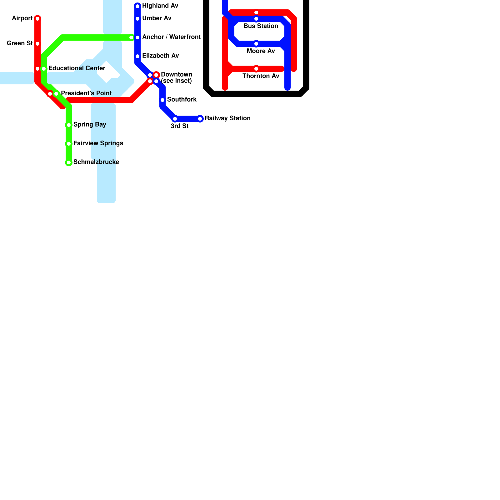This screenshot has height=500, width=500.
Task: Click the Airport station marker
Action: (x=37, y=19)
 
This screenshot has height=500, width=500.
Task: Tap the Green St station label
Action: (x=19, y=43)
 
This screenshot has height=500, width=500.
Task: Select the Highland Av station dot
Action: (x=137, y=6)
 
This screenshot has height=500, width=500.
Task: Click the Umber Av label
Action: (x=157, y=18)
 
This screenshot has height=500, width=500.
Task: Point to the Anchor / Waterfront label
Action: (x=171, y=37)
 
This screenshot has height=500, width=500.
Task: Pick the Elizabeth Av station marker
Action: (x=137, y=56)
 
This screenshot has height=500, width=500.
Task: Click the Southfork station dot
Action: (x=162, y=100)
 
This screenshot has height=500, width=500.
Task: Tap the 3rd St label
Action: (x=179, y=126)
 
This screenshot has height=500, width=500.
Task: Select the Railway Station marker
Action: (x=200, y=119)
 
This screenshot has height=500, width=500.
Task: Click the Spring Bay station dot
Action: (x=69, y=125)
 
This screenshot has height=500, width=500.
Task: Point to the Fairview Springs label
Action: (x=98, y=143)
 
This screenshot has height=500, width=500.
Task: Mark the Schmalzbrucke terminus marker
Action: (x=69, y=162)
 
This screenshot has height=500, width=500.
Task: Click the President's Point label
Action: (x=86, y=93)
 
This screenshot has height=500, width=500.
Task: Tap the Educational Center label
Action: (x=77, y=68)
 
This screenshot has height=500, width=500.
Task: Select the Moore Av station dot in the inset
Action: (x=256, y=44)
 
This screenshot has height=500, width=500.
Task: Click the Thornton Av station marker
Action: (x=256, y=69)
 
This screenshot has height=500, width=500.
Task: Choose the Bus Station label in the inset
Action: (x=261, y=26)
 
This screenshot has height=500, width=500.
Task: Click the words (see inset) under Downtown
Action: (x=176, y=81)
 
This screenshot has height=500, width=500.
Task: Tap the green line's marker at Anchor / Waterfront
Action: (x=131, y=37)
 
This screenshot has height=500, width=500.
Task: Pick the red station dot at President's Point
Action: (x=50, y=94)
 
